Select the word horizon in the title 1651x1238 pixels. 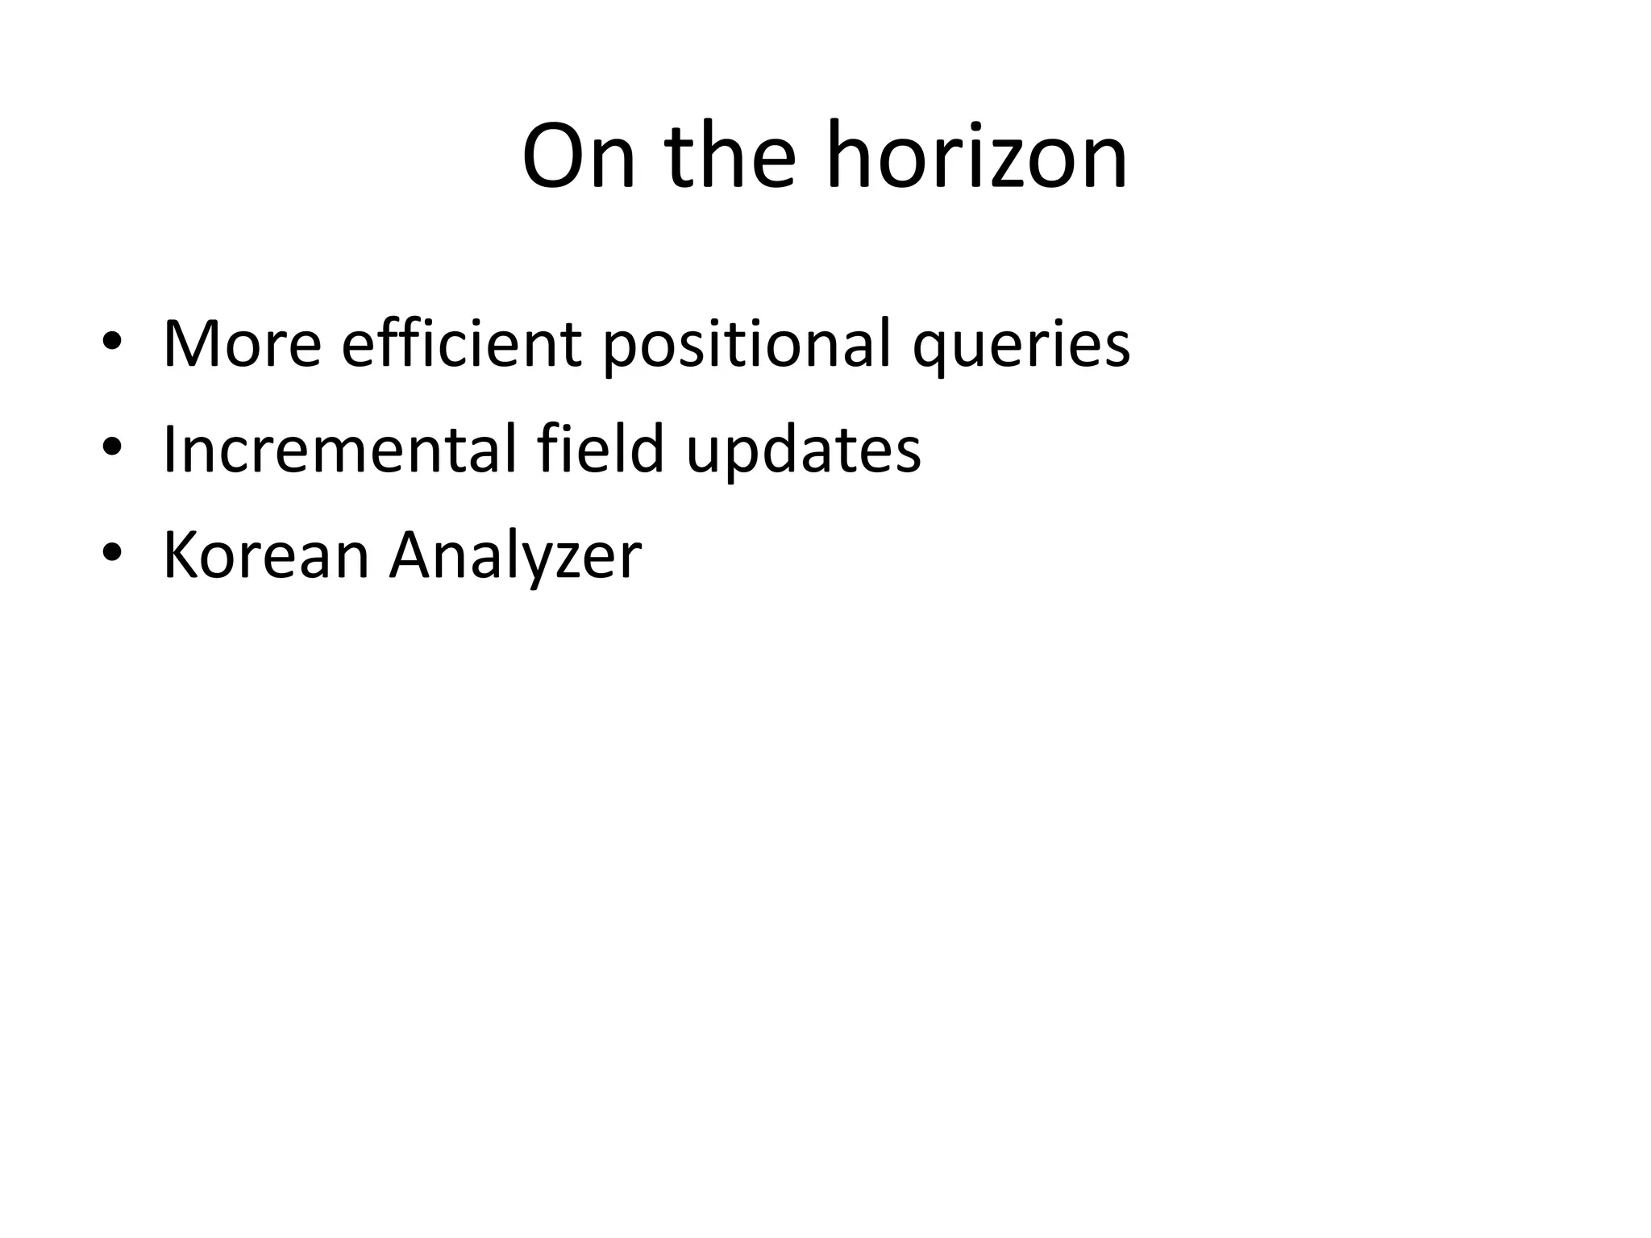[977, 157]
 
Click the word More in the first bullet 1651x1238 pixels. [242, 344]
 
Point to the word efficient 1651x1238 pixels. [461, 344]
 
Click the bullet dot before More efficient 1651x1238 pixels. [112, 344]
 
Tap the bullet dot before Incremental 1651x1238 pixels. [112, 450]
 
